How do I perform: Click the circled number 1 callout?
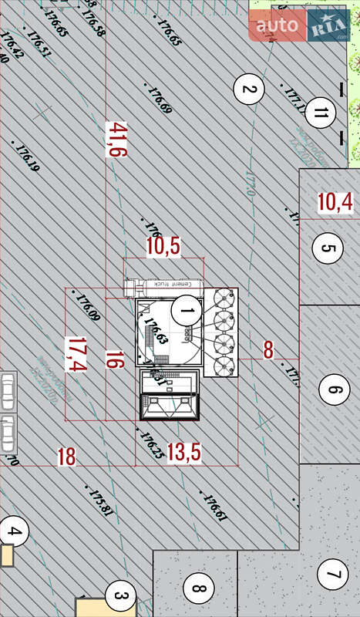[x=185, y=312]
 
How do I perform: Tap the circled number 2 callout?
[x=248, y=89]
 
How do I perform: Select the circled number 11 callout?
[x=321, y=115]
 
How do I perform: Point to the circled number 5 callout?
[x=328, y=248]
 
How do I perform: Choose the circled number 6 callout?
[x=333, y=389]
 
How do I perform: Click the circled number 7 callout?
[x=333, y=575]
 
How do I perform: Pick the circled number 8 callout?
[x=198, y=591]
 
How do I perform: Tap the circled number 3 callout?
[x=119, y=595]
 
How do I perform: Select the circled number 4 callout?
[x=13, y=531]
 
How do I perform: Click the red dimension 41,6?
[x=116, y=140]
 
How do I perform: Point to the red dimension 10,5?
[x=163, y=246]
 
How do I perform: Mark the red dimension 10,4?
[x=335, y=203]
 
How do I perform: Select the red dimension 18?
[x=67, y=456]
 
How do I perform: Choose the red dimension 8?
[x=268, y=350]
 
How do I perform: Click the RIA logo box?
[x=328, y=26]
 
